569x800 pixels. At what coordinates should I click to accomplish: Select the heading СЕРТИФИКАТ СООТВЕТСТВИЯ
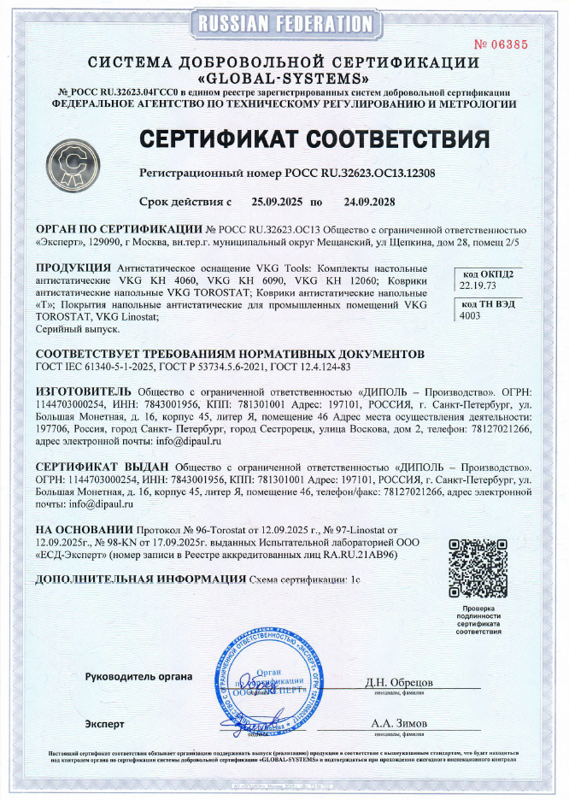[314, 138]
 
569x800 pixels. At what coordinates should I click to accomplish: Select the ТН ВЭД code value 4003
[470, 315]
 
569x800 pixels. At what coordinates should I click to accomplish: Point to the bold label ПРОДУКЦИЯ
[73, 268]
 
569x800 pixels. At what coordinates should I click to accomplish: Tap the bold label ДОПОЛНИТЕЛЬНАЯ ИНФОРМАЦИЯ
[139, 579]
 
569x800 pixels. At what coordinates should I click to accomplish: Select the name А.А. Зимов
[399, 723]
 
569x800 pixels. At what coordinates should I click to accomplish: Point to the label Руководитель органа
[138, 677]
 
